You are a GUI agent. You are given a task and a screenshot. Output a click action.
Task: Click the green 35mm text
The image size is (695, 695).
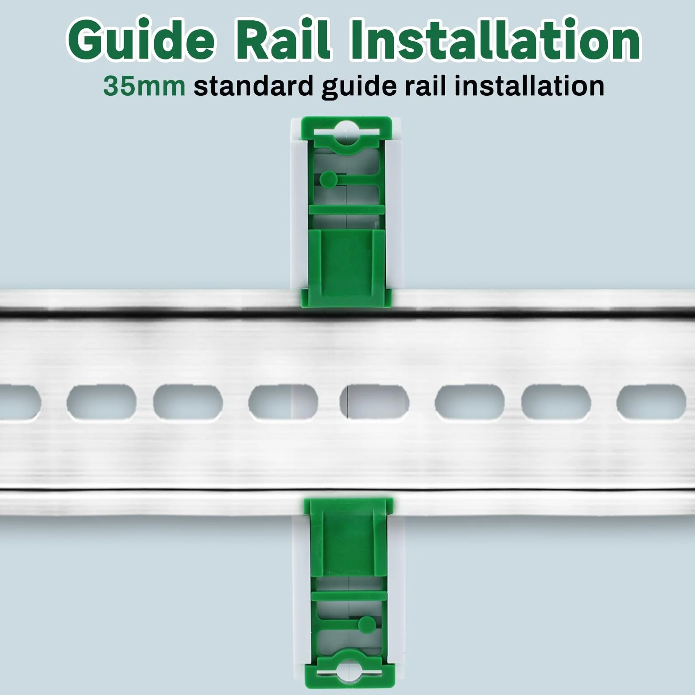click(144, 86)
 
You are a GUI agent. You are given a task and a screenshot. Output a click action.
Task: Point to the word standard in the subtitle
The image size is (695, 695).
click(253, 86)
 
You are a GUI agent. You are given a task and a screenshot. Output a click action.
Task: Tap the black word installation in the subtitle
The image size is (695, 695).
click(530, 86)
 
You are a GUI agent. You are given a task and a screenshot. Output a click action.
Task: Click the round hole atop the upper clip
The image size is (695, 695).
click(346, 132)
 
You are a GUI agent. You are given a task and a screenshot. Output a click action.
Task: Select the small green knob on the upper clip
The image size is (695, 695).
click(328, 179)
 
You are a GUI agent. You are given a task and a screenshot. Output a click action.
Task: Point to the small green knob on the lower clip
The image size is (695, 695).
click(366, 624)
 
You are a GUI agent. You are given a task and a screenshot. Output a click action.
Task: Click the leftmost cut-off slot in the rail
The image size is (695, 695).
click(20, 403)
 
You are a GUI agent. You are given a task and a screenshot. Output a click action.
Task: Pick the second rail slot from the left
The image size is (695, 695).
click(101, 403)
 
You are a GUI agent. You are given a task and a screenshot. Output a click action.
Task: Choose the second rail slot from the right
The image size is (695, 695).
click(556, 403)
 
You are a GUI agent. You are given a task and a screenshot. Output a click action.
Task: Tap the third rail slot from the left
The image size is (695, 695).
click(188, 403)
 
